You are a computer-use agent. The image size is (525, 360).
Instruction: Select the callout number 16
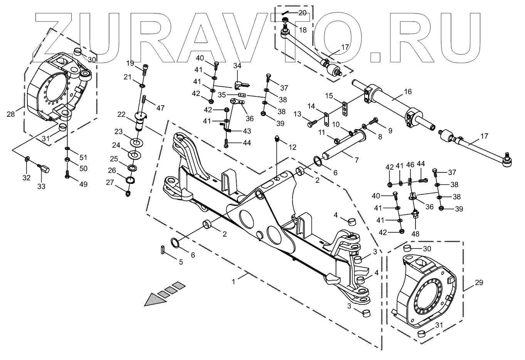click(x=408, y=92)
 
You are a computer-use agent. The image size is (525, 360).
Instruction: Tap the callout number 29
click(x=478, y=283)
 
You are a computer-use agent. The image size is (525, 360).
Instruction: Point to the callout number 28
click(x=10, y=114)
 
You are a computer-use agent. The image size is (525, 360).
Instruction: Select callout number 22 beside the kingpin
click(x=121, y=114)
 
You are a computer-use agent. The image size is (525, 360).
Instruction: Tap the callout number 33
click(x=41, y=187)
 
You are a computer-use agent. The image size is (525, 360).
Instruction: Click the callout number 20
click(x=302, y=12)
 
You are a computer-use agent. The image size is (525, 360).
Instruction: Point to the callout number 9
click(x=390, y=130)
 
